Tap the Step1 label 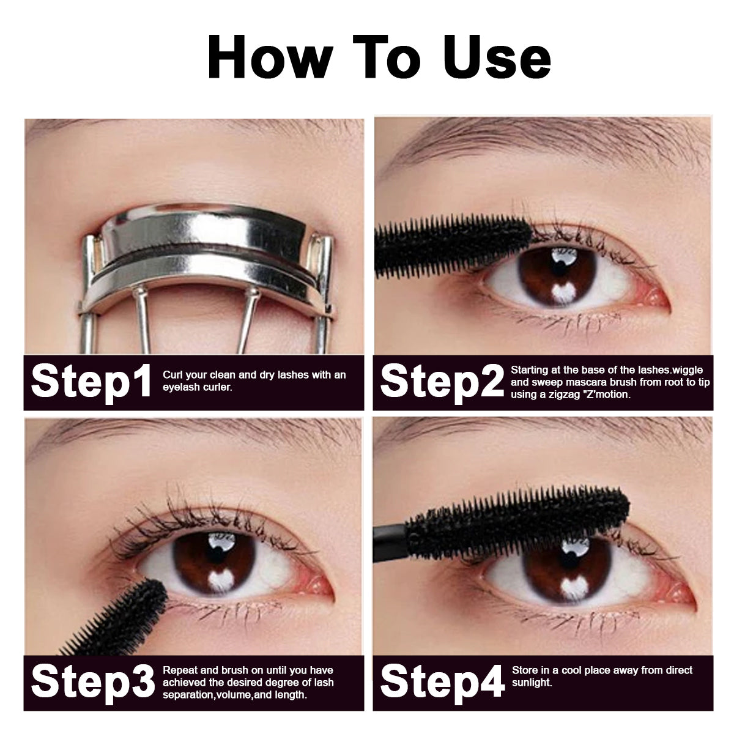(x=91, y=382)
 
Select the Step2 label (x=440, y=382)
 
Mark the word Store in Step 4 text (x=524, y=670)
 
